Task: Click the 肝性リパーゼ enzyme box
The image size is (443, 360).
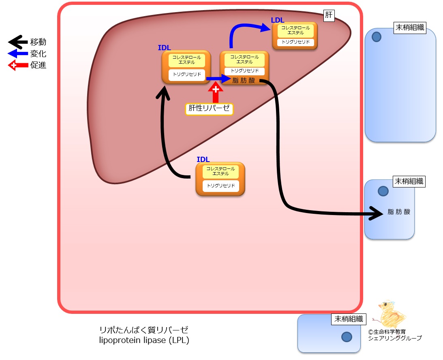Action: click(x=209, y=109)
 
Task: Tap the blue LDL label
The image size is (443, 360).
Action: click(x=278, y=20)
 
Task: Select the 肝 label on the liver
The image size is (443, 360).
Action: click(x=329, y=15)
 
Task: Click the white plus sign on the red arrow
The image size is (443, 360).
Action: click(x=216, y=89)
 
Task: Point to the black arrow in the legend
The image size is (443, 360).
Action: click(x=18, y=42)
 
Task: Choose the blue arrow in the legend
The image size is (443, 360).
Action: click(x=18, y=53)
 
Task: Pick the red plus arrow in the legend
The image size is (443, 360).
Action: click(x=18, y=65)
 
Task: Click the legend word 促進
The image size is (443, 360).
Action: click(x=38, y=65)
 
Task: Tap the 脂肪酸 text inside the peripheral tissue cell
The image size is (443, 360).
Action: click(x=399, y=212)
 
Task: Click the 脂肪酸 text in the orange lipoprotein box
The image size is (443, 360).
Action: click(x=244, y=81)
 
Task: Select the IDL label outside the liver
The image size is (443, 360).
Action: click(x=203, y=160)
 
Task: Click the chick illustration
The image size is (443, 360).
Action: click(x=391, y=314)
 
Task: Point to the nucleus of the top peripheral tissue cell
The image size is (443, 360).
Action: click(x=376, y=37)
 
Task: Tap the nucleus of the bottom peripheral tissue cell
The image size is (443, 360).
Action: click(x=347, y=337)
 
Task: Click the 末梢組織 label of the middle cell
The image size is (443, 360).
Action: click(x=409, y=181)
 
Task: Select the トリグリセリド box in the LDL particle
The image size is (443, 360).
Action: click(x=295, y=42)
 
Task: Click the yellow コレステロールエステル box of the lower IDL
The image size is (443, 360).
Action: click(x=220, y=171)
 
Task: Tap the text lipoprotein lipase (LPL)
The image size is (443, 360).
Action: click(x=144, y=340)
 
